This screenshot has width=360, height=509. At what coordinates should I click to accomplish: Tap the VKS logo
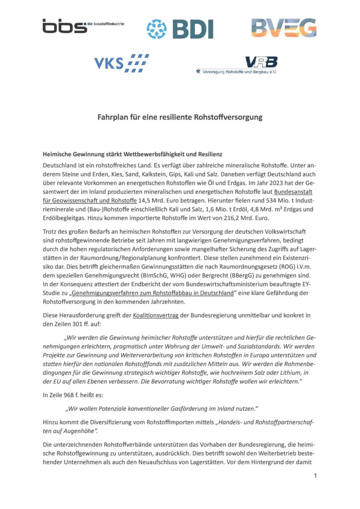[x=122, y=64]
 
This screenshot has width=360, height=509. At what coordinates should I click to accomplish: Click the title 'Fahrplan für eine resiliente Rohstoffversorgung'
[x=180, y=118]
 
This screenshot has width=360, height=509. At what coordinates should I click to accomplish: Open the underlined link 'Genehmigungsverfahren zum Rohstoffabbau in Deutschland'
[x=155, y=293]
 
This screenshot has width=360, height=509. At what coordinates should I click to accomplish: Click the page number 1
[x=315, y=476]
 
